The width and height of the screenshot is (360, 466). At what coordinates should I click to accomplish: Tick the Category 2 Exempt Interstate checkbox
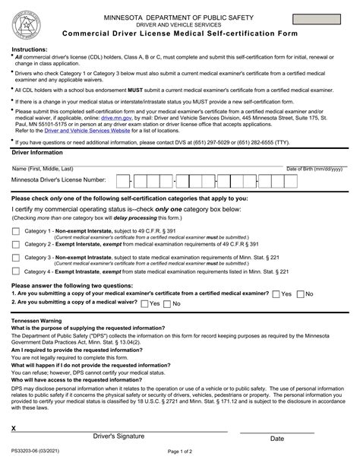16,245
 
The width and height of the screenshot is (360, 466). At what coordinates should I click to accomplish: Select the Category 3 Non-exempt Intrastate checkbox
16,258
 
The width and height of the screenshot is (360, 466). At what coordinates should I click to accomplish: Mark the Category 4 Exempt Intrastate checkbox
16,271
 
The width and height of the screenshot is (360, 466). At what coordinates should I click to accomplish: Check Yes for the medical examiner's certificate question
276,293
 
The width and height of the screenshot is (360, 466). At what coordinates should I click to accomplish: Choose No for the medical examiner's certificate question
300,293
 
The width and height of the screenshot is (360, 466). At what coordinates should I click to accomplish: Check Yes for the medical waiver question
144,303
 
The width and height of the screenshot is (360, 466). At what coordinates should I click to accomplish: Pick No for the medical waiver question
168,303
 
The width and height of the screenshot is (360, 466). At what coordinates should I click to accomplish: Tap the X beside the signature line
14,429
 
